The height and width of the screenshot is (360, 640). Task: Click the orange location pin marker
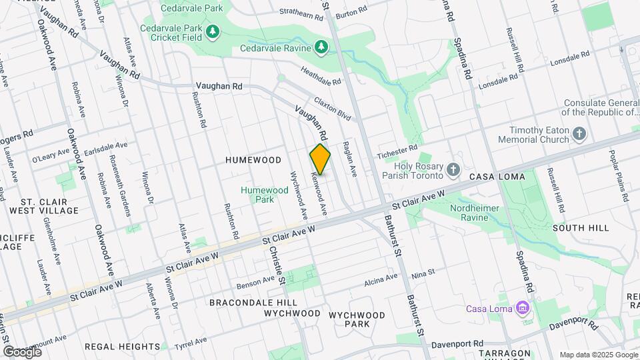321,159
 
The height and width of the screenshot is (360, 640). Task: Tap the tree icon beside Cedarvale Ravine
321,47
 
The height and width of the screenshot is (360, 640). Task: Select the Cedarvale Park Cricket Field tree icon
212,31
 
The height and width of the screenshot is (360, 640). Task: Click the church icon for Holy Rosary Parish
453,169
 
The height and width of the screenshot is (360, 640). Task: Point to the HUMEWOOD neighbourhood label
253,160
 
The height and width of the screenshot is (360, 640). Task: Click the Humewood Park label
265,195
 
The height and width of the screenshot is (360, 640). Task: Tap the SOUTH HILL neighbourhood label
580,228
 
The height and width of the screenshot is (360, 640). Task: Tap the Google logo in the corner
23,351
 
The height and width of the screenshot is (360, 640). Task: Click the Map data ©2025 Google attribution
598,355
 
